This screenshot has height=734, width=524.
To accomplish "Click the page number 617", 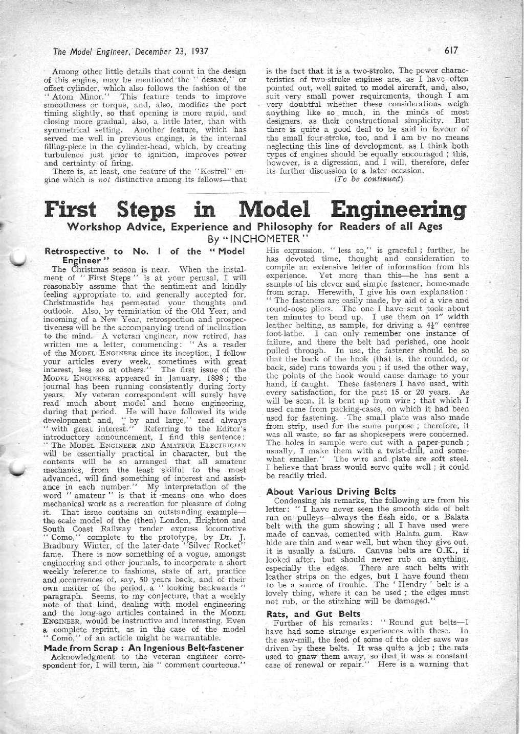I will (451, 51).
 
